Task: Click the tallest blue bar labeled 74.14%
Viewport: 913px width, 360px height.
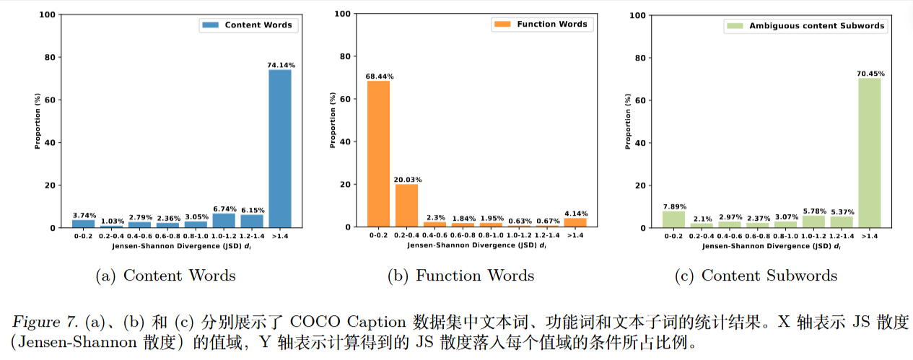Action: tap(280, 148)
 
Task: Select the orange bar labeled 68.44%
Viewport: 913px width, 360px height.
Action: tap(378, 154)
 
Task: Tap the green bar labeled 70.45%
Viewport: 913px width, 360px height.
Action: tap(870, 152)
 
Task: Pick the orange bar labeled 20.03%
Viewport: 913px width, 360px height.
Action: tap(406, 206)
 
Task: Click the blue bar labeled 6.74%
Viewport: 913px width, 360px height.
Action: tap(224, 220)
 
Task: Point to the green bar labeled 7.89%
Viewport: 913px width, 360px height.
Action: tap(673, 219)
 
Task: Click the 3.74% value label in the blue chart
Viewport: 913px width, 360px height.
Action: tap(83, 215)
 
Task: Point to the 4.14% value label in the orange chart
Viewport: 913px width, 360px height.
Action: tap(575, 214)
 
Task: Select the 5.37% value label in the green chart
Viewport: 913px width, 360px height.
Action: tap(842, 212)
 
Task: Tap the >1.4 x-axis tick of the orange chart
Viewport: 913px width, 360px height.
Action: tap(575, 235)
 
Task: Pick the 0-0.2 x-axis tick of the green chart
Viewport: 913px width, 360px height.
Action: tap(673, 236)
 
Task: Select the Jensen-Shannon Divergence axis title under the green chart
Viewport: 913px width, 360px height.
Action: tap(770, 246)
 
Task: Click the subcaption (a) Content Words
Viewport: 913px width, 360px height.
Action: tap(165, 276)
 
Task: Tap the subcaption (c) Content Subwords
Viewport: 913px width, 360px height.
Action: tap(756, 276)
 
